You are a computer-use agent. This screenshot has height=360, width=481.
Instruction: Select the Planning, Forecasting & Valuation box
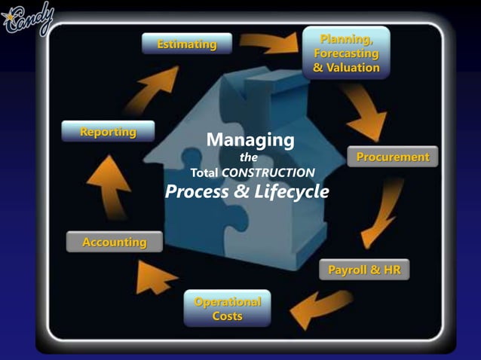pyautogui.click(x=346, y=52)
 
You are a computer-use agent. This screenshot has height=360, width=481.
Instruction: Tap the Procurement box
pyautogui.click(x=392, y=157)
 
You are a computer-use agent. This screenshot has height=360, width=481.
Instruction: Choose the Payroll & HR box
pyautogui.click(x=364, y=269)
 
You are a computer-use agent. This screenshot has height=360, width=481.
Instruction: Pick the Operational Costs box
pyautogui.click(x=227, y=309)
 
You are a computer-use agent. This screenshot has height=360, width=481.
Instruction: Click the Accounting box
pyautogui.click(x=115, y=242)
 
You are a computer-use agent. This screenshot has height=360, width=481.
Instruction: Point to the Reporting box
pyautogui.click(x=109, y=132)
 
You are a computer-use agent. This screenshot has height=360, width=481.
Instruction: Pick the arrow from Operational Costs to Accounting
pyautogui.click(x=155, y=279)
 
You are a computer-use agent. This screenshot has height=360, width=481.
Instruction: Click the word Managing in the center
pyautogui.click(x=250, y=140)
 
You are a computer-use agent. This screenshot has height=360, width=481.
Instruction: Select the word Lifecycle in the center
pyautogui.click(x=291, y=192)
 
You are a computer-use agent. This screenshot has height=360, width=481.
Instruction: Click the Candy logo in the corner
pyautogui.click(x=28, y=18)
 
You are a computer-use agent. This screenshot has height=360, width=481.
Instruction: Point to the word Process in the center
pyautogui.click(x=198, y=192)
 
